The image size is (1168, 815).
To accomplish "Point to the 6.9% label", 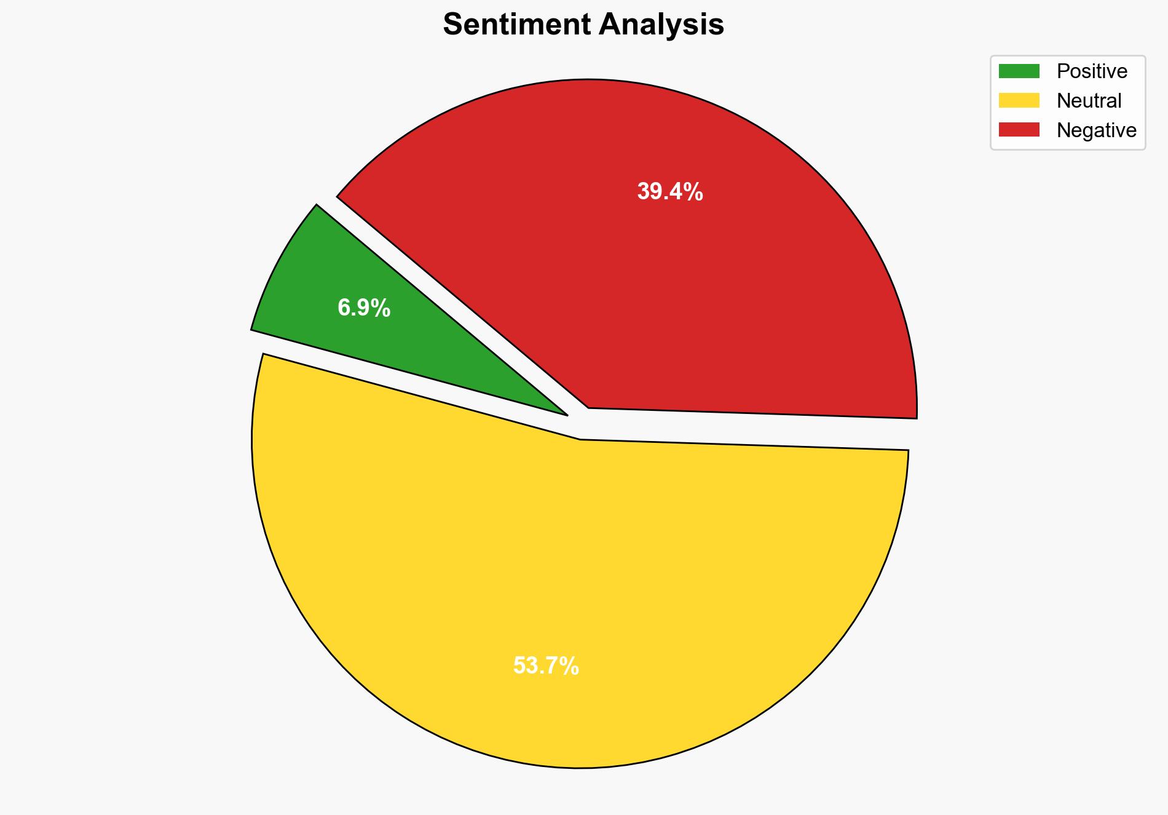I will [364, 308].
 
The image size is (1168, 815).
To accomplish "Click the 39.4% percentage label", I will [669, 192].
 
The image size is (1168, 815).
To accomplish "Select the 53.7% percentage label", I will [546, 666].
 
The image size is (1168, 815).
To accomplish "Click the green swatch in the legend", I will [1019, 71].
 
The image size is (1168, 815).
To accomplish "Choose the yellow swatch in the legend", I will [1019, 100].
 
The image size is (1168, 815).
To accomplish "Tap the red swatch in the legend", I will [1019, 130].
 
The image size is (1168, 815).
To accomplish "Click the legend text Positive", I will [1092, 71].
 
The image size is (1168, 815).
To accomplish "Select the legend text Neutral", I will [1089, 101].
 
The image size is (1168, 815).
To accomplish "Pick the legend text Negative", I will [1096, 130].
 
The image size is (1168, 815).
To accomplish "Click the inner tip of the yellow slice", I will [580, 440].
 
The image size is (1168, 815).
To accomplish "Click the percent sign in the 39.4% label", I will [694, 192].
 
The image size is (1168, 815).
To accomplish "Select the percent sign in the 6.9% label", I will [382, 308].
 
